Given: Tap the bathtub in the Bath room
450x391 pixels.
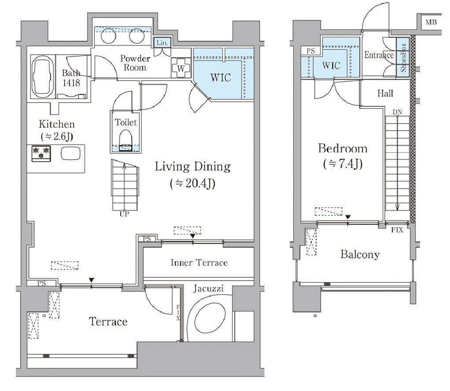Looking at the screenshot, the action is (x=43, y=77).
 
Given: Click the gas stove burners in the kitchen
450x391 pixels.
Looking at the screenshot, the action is (x=41, y=154).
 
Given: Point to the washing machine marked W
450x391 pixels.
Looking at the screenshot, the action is (x=181, y=68).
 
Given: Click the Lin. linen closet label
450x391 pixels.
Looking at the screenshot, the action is (x=162, y=43).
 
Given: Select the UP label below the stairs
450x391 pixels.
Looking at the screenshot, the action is (x=124, y=214).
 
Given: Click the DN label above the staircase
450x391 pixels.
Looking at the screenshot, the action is (x=398, y=112).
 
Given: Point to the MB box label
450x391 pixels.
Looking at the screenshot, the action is (x=431, y=22).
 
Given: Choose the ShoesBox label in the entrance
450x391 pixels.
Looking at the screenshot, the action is (x=403, y=58).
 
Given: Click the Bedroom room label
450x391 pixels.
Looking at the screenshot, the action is (x=343, y=148).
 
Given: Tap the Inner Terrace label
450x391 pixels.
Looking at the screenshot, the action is (x=199, y=262).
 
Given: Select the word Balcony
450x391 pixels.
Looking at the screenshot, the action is (x=360, y=254).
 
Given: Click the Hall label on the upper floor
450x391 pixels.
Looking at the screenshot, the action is (x=385, y=93).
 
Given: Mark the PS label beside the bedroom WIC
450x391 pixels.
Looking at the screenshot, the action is (x=311, y=51).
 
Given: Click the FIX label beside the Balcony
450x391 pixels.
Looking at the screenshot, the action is (x=397, y=230).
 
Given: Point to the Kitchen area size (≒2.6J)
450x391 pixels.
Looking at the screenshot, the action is (x=57, y=136).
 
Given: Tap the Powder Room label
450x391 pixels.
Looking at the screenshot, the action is (x=135, y=63).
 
